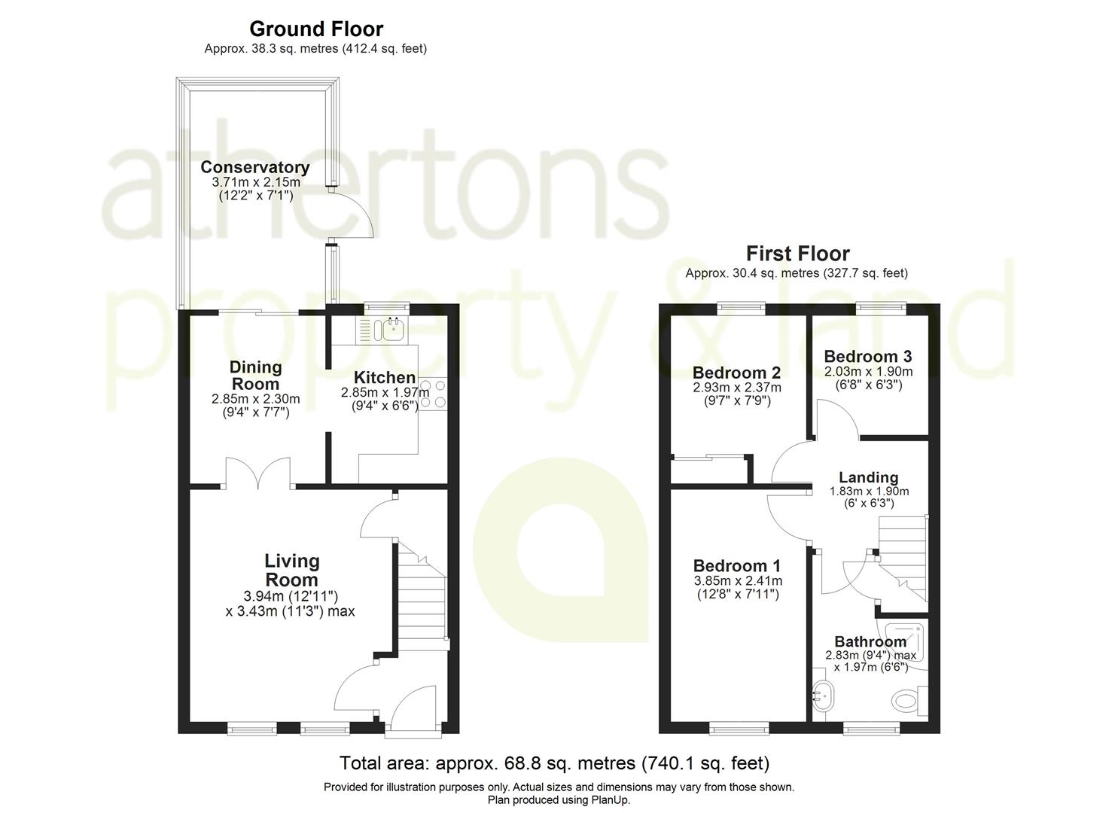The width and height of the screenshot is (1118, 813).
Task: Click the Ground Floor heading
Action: pos(316,29)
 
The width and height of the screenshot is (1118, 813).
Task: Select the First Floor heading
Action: pos(797,254)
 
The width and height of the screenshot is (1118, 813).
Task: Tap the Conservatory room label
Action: pos(255,166)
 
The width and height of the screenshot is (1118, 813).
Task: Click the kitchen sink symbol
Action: pos(393,330)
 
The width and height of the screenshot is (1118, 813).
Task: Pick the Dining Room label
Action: pos(255,376)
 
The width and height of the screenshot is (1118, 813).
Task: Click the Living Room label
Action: pos(292,570)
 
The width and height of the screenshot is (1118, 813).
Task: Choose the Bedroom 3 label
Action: pos(868,356)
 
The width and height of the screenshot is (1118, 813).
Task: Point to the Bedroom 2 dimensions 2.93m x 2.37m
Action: pos(737,387)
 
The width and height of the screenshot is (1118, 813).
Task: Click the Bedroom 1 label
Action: pos(737,565)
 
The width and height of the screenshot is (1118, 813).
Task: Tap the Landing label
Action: pos(869,477)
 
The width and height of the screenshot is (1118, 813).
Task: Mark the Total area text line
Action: pos(555,763)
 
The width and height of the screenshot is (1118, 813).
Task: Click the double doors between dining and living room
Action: pos(258,473)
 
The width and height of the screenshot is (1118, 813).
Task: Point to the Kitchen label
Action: pos(385,377)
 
